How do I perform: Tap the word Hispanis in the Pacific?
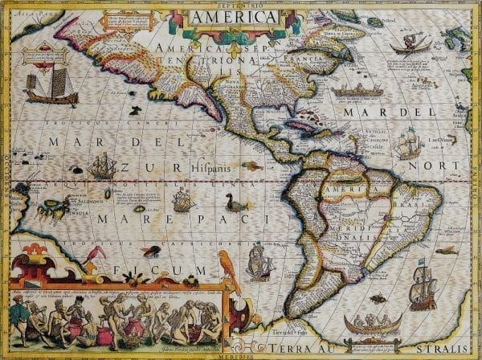[x=211, y=169]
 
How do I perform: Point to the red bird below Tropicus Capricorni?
[x=97, y=255]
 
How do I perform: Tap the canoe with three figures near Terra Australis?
[x=372, y=325]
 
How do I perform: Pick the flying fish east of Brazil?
[x=447, y=250]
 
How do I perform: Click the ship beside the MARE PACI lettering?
[x=183, y=199]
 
